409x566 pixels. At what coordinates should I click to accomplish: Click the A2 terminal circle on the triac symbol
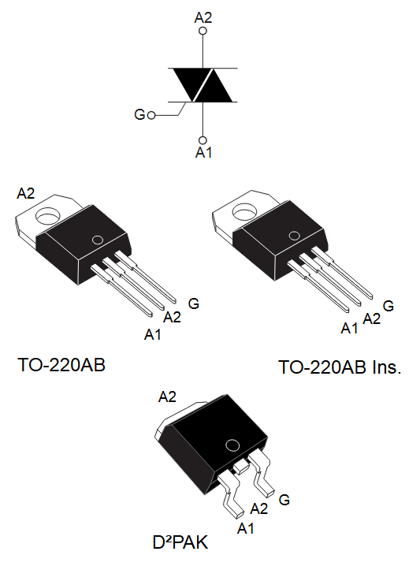[x=204, y=32]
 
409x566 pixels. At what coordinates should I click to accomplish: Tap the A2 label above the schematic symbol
[x=204, y=16]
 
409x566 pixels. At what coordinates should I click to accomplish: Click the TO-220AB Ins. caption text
[x=340, y=367]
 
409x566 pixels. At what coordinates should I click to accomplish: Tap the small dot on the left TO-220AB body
[x=98, y=240]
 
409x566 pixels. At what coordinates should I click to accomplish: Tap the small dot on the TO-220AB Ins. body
[x=293, y=234]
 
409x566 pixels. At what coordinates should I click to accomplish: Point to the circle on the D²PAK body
[x=232, y=446]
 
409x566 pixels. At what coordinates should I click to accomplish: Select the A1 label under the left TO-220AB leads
[x=153, y=335]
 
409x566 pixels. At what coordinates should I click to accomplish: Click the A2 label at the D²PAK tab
[x=169, y=397]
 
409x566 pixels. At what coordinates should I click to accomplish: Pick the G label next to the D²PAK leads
[x=284, y=500]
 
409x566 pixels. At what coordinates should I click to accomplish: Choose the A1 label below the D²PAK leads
[x=246, y=526]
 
